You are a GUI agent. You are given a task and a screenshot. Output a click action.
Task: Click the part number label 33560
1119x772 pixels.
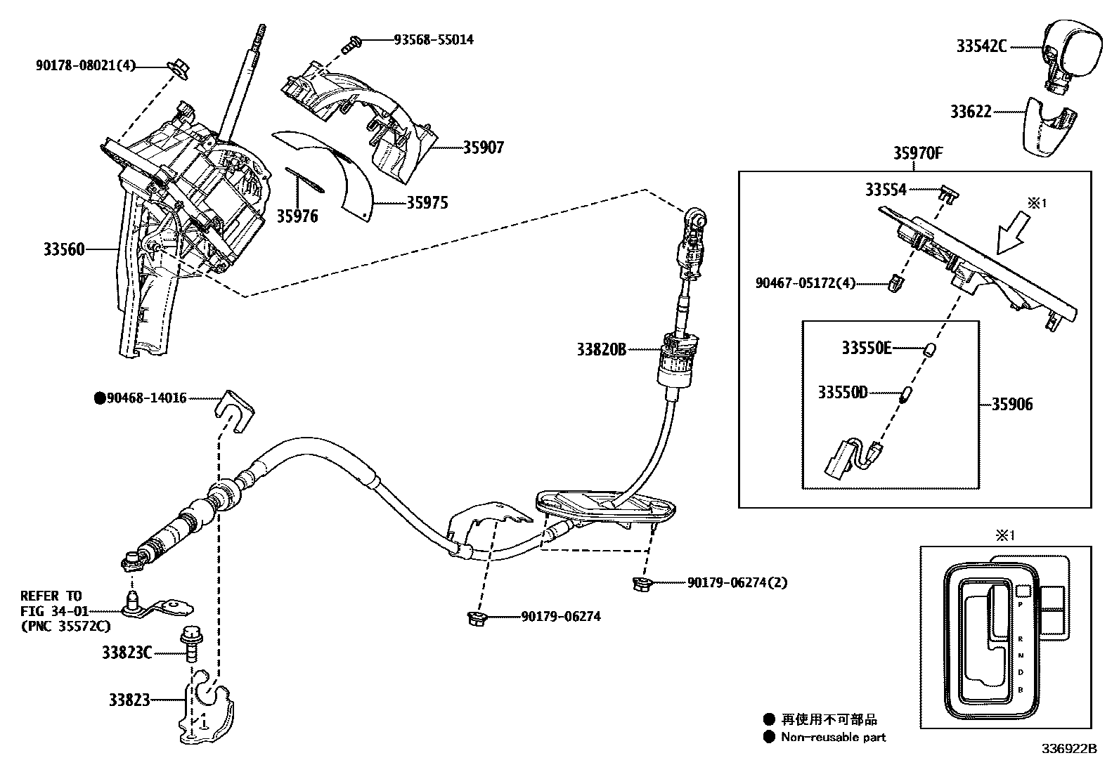coord(64,249)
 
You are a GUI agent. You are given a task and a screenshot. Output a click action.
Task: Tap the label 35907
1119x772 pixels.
coord(483,148)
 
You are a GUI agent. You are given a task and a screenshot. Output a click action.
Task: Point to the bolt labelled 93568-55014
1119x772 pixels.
coord(349,44)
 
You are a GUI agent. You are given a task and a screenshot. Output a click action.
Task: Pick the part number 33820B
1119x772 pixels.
coord(601,349)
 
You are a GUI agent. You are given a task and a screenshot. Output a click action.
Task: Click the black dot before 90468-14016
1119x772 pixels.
coord(100,398)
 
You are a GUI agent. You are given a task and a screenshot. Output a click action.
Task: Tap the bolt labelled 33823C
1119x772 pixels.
coord(190,643)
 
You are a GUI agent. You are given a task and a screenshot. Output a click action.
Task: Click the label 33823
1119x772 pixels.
coord(129,700)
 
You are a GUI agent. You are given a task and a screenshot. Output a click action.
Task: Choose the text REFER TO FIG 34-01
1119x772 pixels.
coord(51,603)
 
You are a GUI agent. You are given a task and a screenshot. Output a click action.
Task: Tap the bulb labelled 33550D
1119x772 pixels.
coord(907,393)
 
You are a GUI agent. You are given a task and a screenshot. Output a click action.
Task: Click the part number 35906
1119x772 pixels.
coord(1012,405)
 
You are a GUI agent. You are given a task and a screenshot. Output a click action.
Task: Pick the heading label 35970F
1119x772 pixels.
coord(918,153)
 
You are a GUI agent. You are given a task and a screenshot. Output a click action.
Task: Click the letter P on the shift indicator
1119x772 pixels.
coord(1020,604)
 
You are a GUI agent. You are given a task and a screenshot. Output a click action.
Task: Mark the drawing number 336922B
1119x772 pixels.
coord(1069,749)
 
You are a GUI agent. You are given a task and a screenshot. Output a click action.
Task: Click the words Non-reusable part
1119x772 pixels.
coord(834,737)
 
